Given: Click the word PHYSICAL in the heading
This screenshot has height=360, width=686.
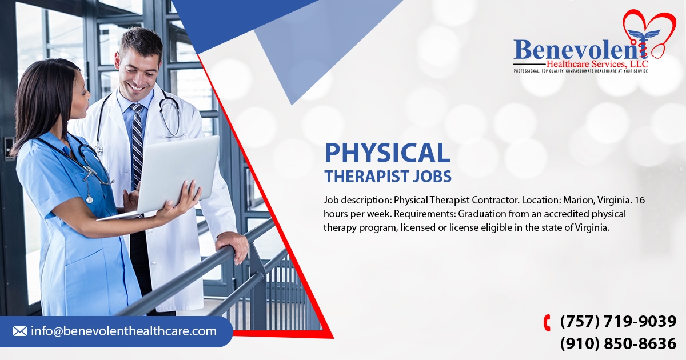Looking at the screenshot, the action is tap(388, 153).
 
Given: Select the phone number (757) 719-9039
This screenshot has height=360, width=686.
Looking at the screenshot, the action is tap(618, 321).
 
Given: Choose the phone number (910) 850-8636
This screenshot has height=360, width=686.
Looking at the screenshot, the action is tap(618, 343).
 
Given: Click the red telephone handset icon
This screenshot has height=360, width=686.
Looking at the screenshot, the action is tap(547, 323).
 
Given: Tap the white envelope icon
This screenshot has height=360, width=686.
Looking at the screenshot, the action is tap(20, 331).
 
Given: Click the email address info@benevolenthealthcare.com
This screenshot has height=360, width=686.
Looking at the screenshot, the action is tap(123, 331).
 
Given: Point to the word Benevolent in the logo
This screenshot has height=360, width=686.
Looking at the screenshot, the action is tap(580, 49).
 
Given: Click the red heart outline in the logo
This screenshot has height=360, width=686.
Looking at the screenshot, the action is tap(649, 32).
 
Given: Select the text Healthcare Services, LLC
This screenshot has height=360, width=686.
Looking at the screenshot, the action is tap(597, 64).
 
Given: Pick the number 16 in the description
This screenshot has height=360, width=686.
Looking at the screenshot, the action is tap(640, 200).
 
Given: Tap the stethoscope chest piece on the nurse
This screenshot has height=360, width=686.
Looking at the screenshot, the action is tap(89, 199).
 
